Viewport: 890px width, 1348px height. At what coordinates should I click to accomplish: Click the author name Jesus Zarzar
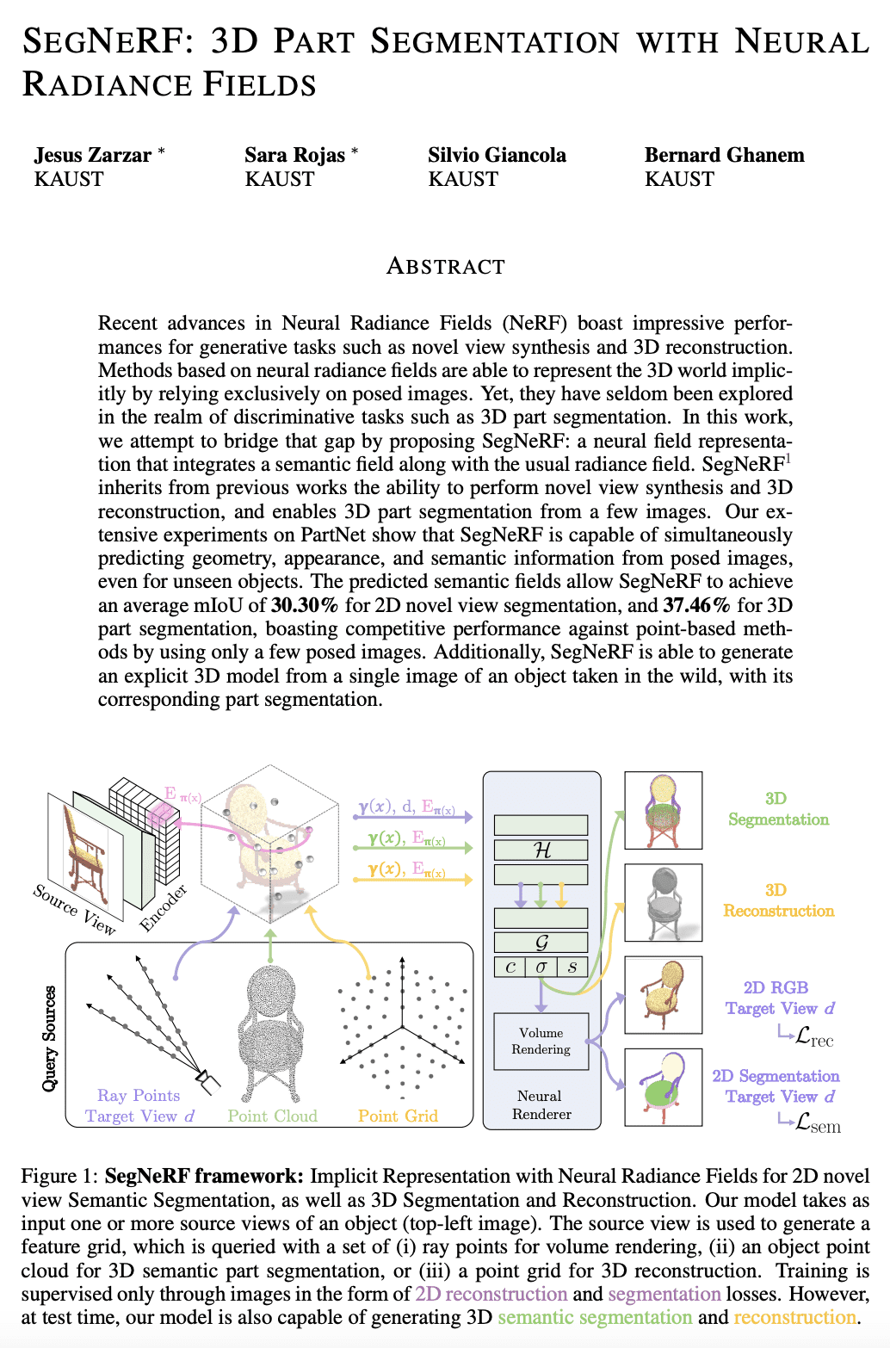pyautogui.click(x=93, y=155)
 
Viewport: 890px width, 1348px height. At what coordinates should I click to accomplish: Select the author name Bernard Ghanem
pyautogui.click(x=724, y=155)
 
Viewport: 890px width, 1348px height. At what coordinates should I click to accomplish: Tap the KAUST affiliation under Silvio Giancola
pyautogui.click(x=463, y=179)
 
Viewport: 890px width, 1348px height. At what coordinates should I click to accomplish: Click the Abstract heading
pyautogui.click(x=445, y=266)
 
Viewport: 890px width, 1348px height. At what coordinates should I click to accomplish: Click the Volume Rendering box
pyautogui.click(x=541, y=1041)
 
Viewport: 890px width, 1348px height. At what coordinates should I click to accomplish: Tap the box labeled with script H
pyautogui.click(x=541, y=850)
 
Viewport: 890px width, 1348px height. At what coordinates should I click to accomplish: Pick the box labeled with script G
pyautogui.click(x=541, y=943)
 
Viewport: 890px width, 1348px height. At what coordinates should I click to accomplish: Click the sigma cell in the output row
pyautogui.click(x=541, y=967)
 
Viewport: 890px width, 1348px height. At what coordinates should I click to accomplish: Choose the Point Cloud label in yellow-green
pyautogui.click(x=272, y=1116)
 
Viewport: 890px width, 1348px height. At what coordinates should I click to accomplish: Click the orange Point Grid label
pyautogui.click(x=398, y=1116)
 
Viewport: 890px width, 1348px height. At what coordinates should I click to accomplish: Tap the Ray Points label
pyautogui.click(x=139, y=1096)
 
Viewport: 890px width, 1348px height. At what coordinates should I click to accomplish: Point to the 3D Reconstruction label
pyautogui.click(x=778, y=900)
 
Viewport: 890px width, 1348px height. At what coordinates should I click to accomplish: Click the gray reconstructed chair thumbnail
pyautogui.click(x=663, y=904)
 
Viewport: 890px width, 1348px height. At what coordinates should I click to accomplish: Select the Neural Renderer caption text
pyautogui.click(x=541, y=1105)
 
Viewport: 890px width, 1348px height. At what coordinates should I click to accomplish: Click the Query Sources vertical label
pyautogui.click(x=50, y=1038)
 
